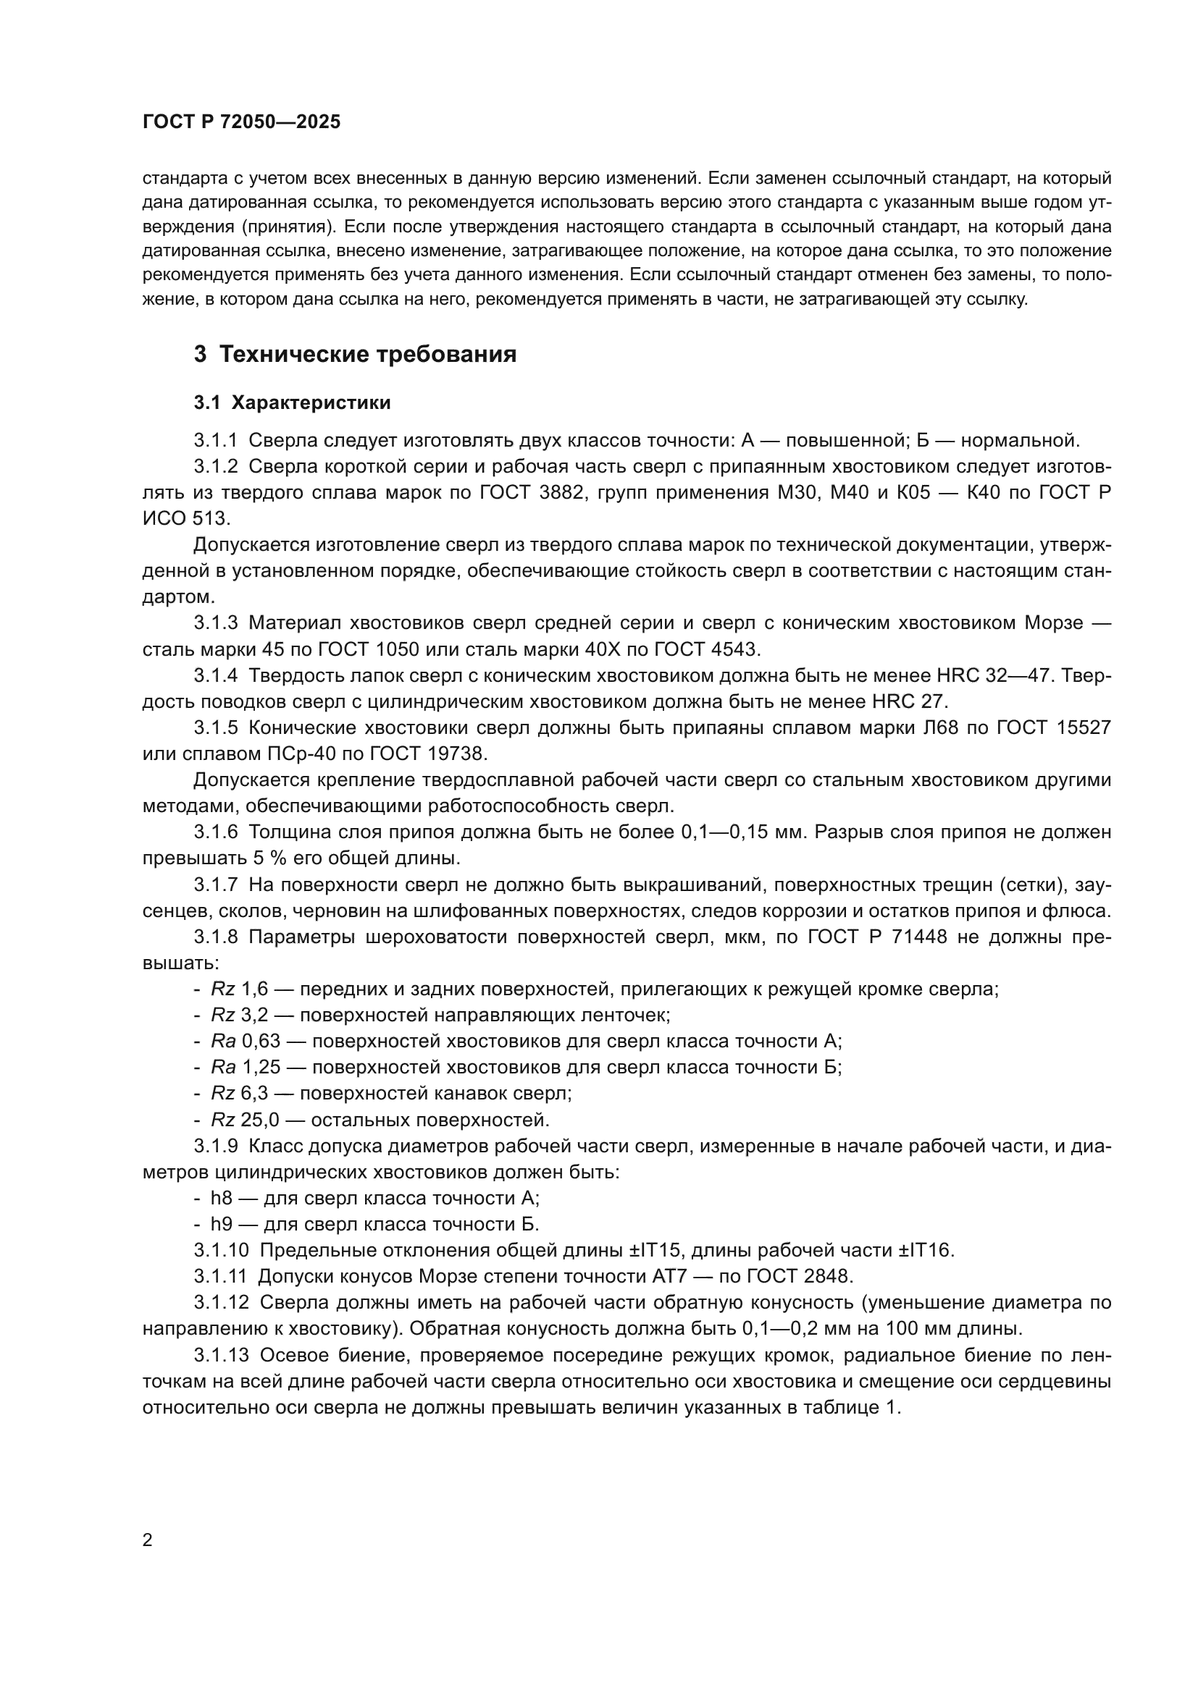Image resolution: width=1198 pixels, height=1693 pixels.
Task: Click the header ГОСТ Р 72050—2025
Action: pos(241,122)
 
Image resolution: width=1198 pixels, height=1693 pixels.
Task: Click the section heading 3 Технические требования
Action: pos(355,355)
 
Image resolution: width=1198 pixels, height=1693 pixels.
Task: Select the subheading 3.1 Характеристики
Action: pos(292,403)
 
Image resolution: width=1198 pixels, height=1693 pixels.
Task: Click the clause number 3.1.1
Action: pos(216,441)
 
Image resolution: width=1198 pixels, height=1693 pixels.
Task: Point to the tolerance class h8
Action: pos(222,1198)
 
